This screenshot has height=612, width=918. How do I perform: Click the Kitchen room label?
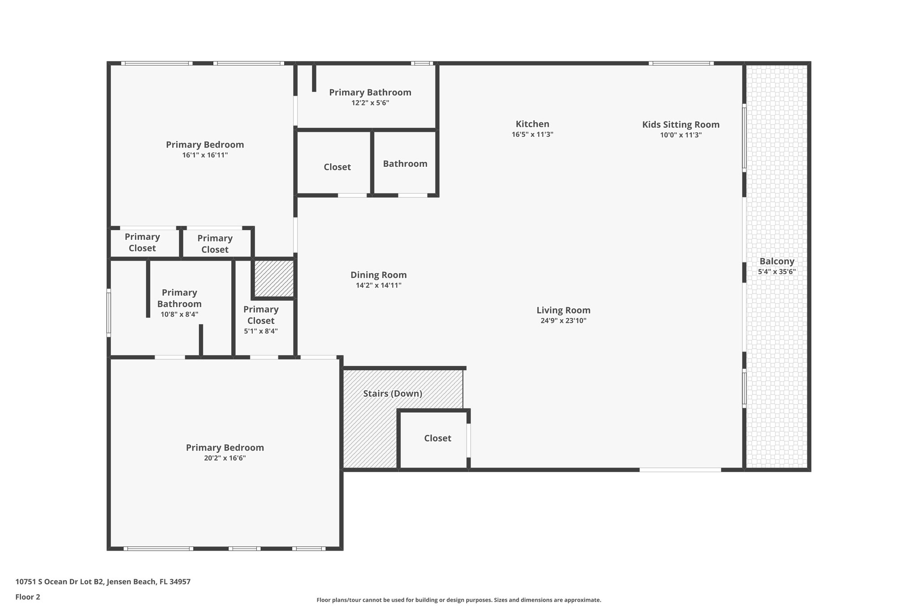(532, 124)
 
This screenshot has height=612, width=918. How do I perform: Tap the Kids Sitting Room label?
(680, 125)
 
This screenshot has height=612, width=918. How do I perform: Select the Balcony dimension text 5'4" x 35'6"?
(777, 272)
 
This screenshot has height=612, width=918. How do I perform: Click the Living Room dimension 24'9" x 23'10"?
(563, 321)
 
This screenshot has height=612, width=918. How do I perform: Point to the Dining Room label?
(378, 275)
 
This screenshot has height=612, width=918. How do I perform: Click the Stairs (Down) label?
(392, 394)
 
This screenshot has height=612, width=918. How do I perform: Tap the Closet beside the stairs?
(437, 438)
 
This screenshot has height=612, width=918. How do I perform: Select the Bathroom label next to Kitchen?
(405, 164)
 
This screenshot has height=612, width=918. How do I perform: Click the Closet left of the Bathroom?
(337, 167)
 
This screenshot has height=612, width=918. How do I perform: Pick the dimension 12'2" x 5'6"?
(370, 103)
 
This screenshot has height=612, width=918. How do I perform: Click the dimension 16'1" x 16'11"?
(205, 155)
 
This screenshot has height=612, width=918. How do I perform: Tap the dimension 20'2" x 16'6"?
(225, 458)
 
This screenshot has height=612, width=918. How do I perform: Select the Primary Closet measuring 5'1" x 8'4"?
(261, 315)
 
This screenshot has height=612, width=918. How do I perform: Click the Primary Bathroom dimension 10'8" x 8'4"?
(179, 314)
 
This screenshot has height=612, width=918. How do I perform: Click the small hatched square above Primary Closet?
(274, 278)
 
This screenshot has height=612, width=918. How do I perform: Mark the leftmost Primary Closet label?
(142, 242)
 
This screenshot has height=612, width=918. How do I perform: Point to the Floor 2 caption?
(28, 597)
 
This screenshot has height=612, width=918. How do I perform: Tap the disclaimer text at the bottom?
(459, 600)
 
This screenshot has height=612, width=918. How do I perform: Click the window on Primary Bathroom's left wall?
(108, 313)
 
